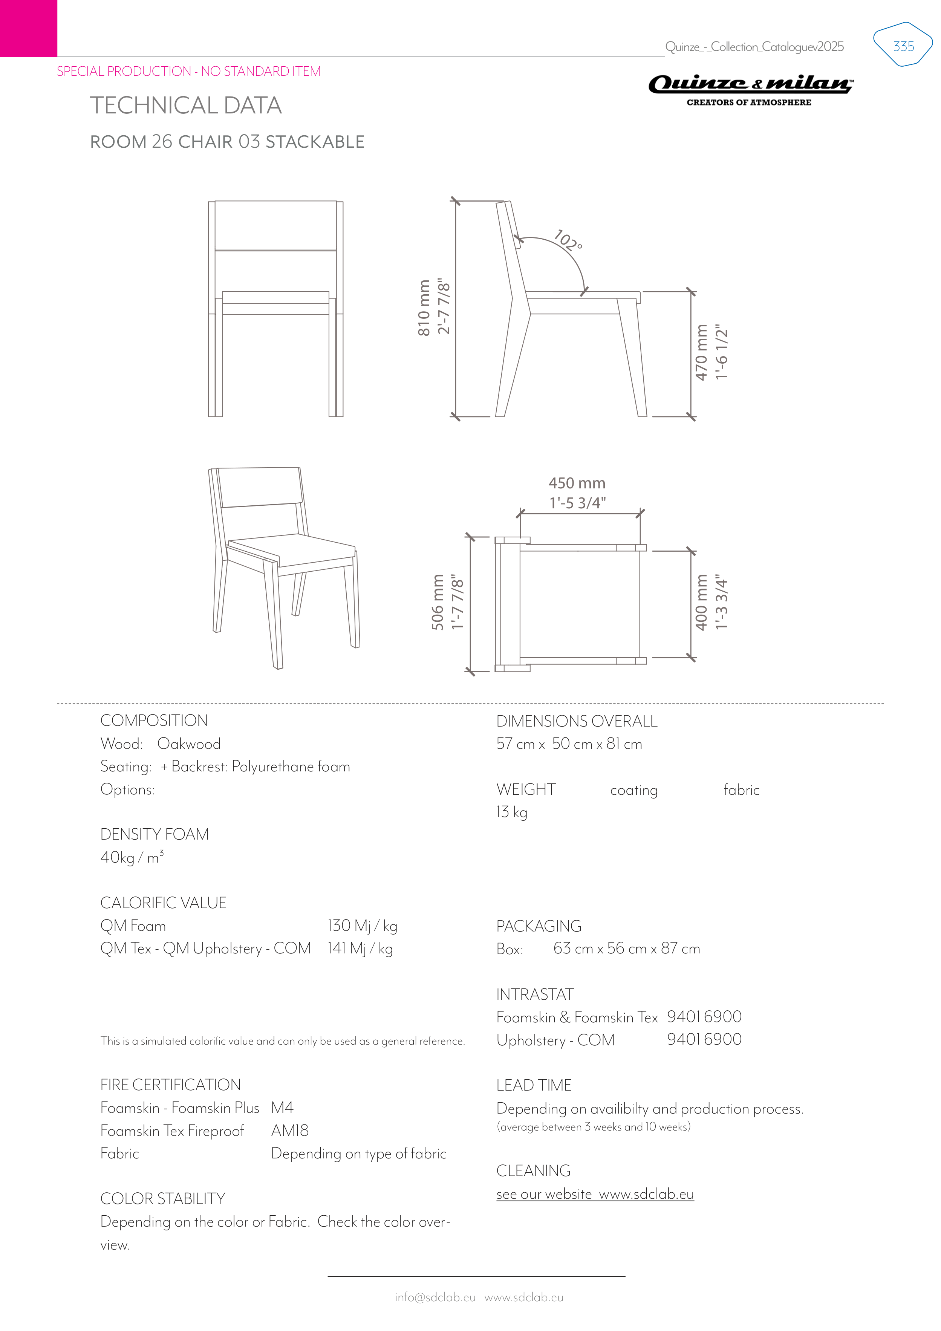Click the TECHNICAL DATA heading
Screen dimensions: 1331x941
point(185,106)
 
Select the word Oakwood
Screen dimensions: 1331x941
point(189,744)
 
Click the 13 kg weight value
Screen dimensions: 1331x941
point(511,812)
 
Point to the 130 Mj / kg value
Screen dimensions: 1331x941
point(363,926)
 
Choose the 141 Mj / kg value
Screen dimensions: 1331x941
point(360,949)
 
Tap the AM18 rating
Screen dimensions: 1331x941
point(290,1131)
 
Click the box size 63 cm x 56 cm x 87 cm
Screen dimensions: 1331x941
point(626,949)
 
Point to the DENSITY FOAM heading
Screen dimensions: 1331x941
point(154,834)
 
